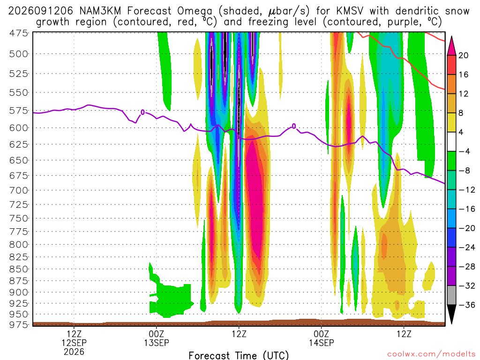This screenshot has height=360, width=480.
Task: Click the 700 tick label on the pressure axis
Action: (18, 190)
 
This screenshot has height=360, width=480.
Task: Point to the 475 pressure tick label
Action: (18, 33)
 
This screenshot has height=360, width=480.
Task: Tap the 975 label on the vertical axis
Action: (18, 324)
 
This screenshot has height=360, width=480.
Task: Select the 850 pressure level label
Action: (18, 269)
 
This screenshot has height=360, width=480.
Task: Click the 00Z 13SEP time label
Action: (157, 338)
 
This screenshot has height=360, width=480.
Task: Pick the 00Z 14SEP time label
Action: (322, 338)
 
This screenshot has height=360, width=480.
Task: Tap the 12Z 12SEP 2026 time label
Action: (74, 343)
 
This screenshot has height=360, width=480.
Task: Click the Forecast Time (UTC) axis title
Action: (239, 355)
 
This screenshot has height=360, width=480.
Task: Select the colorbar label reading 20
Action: (463, 55)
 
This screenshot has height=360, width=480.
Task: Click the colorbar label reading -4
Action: (464, 151)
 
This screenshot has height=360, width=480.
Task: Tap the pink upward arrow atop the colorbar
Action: (451, 45)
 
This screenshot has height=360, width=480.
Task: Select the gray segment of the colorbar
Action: (451, 295)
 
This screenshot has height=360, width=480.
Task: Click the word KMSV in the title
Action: (350, 11)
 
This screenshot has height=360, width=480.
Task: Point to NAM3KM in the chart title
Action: (100, 11)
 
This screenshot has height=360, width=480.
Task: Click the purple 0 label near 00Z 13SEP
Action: (142, 112)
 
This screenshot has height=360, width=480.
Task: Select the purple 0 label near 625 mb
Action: (294, 126)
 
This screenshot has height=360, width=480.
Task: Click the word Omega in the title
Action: (195, 12)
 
